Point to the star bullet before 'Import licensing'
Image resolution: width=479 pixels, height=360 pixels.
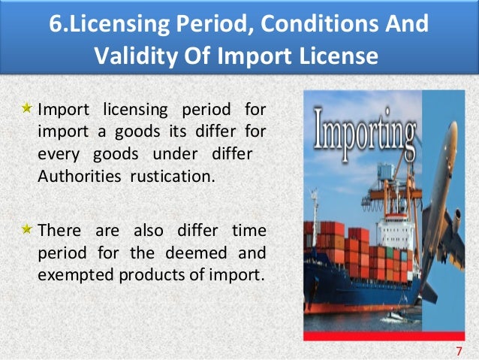point(27,110)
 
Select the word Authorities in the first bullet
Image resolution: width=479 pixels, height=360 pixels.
point(73,177)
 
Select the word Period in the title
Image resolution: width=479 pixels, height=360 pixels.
point(205,23)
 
